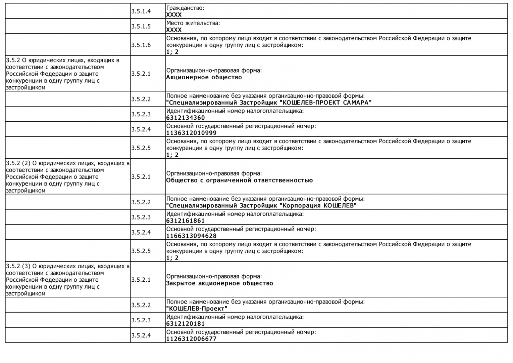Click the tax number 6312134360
[186, 118]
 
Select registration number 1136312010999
[191, 133]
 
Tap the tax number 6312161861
[186, 220]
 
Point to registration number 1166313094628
[191, 236]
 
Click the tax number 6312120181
[186, 324]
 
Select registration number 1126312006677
[191, 338]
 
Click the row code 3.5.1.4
[141, 11]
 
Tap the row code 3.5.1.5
[141, 26]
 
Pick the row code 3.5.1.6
[141, 45]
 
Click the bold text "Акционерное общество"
[204, 77]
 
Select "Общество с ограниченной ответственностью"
[239, 180]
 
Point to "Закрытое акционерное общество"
[219, 283]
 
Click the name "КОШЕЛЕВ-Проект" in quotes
[197, 309]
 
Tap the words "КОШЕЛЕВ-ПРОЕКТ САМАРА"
[325, 103]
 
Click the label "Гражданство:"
[185, 8]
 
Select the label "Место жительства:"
[193, 23]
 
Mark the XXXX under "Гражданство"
[174, 14]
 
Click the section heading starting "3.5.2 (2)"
[67, 177]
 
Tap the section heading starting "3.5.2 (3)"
[67, 280]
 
